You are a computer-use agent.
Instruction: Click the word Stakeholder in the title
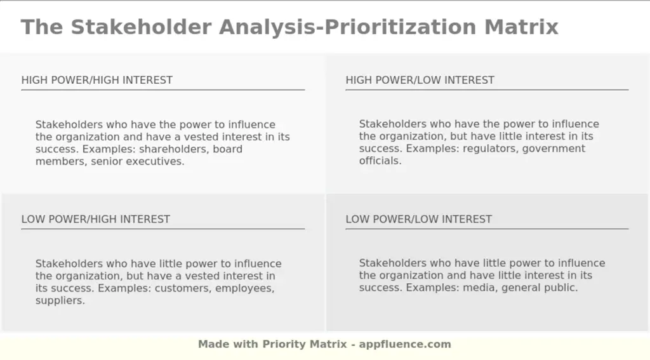pos(141,27)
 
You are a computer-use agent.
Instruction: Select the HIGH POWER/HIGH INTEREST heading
pos(97,80)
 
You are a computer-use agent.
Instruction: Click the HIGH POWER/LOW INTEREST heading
pos(420,80)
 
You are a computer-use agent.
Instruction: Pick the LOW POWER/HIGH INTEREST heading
pos(96,219)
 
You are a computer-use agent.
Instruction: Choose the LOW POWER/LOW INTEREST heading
pos(418,219)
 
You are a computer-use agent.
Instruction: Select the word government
pos(554,149)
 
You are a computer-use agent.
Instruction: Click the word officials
pos(380,161)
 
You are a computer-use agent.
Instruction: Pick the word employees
pos(245,288)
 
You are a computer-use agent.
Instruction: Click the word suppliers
pos(60,300)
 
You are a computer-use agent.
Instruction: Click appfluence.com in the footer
pos(405,344)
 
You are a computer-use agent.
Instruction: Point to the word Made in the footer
pos(213,344)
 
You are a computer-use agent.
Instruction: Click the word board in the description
pos(227,149)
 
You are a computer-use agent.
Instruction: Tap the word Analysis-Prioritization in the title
pos(347,27)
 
